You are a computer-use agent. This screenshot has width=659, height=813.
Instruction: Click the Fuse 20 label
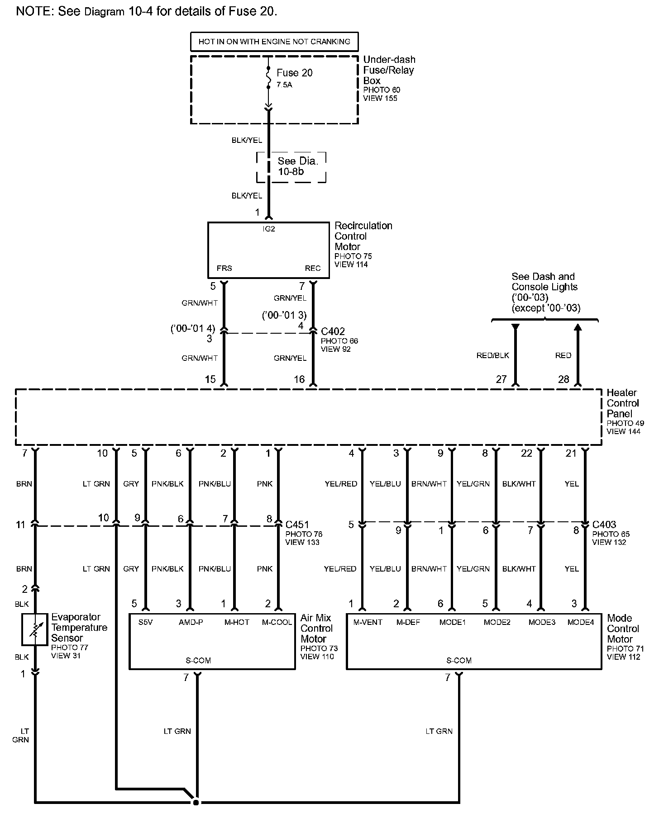pos(294,73)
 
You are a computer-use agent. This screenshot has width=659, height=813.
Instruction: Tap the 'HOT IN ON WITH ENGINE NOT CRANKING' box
pos(274,42)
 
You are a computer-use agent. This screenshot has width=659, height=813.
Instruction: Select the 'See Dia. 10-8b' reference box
pos(291,166)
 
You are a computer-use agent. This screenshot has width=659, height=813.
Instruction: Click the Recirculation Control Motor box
pos(268,250)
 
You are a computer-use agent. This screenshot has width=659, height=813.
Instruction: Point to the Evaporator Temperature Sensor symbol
pos(34,629)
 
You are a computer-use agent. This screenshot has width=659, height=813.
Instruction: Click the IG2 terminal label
pos(269,229)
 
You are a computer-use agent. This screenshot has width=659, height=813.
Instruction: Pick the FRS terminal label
pos(224,268)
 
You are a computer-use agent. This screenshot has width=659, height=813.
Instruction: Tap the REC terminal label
pos(313,268)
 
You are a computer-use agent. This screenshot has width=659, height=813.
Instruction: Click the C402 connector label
pos(333,331)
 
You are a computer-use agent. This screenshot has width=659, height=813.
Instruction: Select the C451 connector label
pos(297,525)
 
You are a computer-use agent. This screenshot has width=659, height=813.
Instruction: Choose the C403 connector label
pos(604,525)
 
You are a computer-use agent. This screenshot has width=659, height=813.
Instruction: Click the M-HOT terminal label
pos(237,622)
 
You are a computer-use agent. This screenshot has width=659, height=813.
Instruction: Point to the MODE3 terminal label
pos(542,622)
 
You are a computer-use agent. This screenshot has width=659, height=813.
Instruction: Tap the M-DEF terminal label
pos(408,622)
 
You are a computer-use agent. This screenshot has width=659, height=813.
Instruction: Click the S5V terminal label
pos(145,622)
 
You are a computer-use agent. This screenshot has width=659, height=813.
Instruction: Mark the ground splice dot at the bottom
pos(196,802)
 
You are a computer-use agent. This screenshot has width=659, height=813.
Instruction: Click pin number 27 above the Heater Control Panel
pos(501,379)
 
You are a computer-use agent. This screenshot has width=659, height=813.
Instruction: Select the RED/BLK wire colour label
pos(493,355)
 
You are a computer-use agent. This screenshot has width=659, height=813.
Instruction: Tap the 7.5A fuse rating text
pos(284,85)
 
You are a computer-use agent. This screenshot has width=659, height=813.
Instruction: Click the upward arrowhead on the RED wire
pos(578,327)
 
